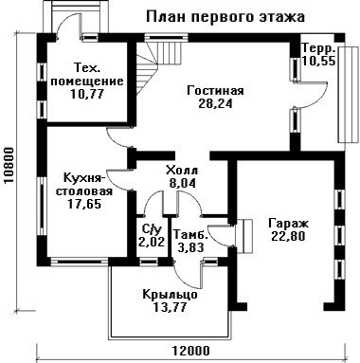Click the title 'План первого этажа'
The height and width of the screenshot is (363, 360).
click(225, 17)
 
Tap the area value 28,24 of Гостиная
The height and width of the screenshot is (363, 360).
click(215, 103)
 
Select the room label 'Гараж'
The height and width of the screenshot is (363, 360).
click(288, 224)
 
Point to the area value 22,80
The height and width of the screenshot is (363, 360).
click(288, 236)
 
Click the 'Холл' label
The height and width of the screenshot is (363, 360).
click(182, 171)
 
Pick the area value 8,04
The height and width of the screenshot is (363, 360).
click(182, 183)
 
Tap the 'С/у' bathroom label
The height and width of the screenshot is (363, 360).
click(151, 229)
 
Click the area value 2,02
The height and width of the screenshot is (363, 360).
click(152, 242)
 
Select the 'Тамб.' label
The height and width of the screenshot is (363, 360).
click(191, 234)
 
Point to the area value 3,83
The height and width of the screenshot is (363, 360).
click(190, 247)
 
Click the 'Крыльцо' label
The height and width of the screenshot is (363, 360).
click(170, 295)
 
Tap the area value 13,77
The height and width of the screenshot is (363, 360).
click(170, 307)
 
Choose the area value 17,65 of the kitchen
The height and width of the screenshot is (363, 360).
click(84, 204)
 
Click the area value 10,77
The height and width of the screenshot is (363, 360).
click(87, 94)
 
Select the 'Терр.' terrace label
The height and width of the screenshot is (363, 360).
click(318, 49)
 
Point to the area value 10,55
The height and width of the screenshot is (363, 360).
click(318, 61)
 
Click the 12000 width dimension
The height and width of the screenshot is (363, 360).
click(191, 351)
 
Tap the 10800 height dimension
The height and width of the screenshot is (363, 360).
click(9, 166)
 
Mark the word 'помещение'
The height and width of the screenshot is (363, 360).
click(87, 82)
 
